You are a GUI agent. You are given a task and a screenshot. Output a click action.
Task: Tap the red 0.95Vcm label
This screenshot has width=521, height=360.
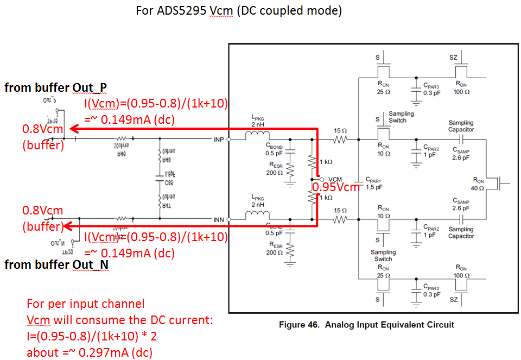click(335, 187)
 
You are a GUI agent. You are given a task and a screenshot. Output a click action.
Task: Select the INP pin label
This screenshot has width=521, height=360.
click(218, 140)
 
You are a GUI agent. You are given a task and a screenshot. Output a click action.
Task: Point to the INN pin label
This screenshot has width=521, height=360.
click(218, 219)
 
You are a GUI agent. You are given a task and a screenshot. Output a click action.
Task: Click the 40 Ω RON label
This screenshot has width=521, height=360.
click(478, 184)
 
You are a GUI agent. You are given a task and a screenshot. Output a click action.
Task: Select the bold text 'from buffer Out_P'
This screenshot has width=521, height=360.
click(55, 87)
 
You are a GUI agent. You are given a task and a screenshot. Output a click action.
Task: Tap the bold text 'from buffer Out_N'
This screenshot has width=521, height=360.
click(56, 264)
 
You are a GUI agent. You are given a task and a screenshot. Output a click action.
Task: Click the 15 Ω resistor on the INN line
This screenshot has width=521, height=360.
click(340, 219)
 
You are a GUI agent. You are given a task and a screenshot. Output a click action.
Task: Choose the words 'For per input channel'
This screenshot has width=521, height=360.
click(85, 304)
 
